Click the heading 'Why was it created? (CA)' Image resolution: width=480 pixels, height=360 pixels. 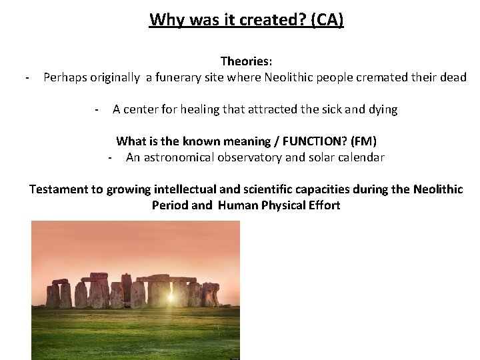tap(247, 19)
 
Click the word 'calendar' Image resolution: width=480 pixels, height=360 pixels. tap(361, 158)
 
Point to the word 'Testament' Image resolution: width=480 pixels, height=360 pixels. tap(58, 189)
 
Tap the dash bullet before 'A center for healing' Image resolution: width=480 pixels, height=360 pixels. tap(97, 110)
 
